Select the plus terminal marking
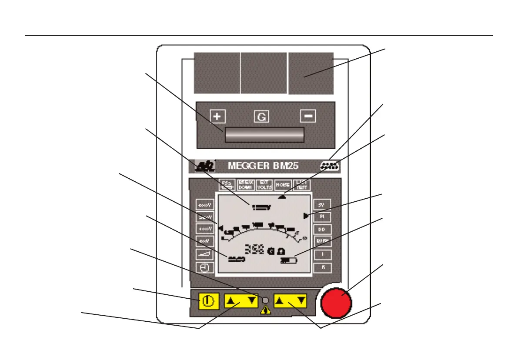click(x=218, y=117)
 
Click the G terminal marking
click(x=262, y=117)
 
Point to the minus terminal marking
click(x=308, y=116)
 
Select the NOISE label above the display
click(x=282, y=185)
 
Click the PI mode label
click(x=322, y=216)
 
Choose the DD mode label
click(x=322, y=229)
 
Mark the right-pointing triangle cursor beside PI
click(x=306, y=216)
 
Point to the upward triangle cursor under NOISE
click(x=283, y=196)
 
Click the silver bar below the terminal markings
click(x=264, y=135)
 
